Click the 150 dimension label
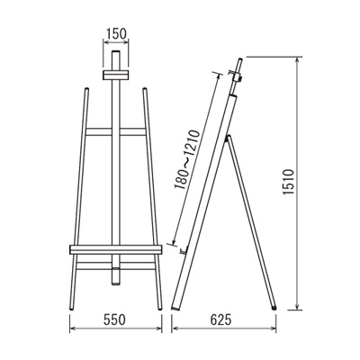click(x=116, y=34)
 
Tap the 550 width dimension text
click(x=115, y=319)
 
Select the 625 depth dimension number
click(x=221, y=319)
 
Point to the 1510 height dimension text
click(x=289, y=182)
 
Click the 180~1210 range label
click(x=186, y=159)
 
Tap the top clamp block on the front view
click(x=116, y=76)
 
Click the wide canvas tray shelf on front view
click(x=116, y=249)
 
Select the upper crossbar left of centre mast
click(x=99, y=131)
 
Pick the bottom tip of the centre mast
click(x=116, y=283)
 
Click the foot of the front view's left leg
click(x=71, y=308)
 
